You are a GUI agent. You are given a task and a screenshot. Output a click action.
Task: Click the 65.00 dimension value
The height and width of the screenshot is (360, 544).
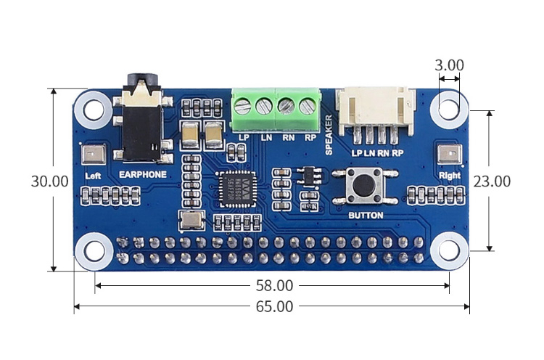coord(274,307)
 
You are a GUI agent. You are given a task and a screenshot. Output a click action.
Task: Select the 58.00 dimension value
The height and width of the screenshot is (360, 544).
coord(274,286)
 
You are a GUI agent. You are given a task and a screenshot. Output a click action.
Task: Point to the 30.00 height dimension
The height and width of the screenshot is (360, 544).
coord(49,181)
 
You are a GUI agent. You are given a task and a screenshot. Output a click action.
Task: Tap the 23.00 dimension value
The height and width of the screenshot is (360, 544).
coord(492,181)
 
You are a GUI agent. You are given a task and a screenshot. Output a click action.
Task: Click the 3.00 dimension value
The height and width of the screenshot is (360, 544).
coord(449,65)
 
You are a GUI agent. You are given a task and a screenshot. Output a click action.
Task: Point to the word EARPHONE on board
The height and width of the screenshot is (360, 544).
coord(142,175)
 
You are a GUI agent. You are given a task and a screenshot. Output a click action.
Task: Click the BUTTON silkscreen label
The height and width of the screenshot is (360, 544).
coord(366,216)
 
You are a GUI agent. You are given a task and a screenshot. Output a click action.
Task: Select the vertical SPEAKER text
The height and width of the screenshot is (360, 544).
coord(329,135)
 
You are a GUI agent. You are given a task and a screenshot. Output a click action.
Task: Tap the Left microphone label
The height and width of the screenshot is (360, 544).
coord(92,176)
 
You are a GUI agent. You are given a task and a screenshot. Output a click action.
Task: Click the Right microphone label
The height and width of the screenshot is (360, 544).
coord(450,175)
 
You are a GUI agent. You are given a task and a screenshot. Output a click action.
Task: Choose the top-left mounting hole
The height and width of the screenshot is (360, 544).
coord(94,110)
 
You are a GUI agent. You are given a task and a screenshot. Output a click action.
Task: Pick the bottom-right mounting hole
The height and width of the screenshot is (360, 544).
coord(449,250)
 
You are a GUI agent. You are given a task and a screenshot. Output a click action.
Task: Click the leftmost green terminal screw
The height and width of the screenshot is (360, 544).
coord(243,107)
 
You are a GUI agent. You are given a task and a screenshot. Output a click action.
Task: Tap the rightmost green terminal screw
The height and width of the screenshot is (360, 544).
coord(308,107)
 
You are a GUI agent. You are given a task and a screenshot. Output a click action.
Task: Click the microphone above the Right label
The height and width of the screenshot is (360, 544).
coord(449,155)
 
